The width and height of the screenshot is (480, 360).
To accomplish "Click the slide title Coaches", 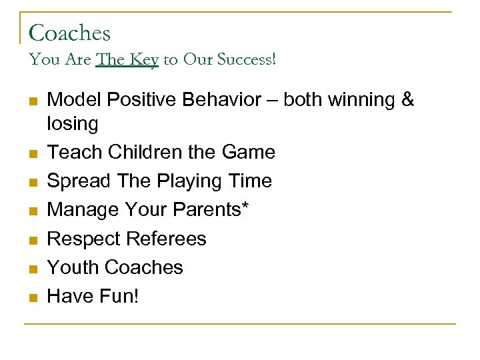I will coord(70,33).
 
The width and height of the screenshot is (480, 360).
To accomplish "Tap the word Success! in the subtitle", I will coord(242,60).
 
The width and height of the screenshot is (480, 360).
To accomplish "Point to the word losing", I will coord(73,123).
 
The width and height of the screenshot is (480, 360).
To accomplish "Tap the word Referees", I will coord(167,238).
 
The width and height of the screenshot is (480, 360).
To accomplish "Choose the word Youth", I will coord(74,267).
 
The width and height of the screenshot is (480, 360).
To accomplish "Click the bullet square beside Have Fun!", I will coord(31,297).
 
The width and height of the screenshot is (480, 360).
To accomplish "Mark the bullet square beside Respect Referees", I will coord(31,239).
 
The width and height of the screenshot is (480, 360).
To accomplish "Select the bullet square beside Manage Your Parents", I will coord(31,211).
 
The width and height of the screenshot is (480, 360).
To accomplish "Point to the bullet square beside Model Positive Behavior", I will coord(31,101).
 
